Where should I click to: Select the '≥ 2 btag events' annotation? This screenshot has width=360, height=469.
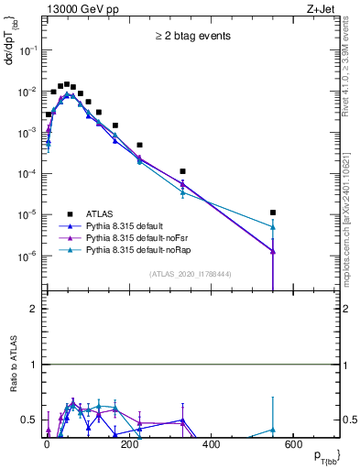pyautogui.click(x=192, y=37)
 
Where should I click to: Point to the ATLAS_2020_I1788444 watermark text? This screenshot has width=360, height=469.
pyautogui.click(x=190, y=274)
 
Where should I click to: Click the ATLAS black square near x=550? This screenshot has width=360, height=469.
pyautogui.click(x=273, y=213)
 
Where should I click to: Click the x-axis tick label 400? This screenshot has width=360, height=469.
pyautogui.click(x=212, y=445)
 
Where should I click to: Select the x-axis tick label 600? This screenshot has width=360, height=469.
pyautogui.click(x=294, y=445)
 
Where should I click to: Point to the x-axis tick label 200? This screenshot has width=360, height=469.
pyautogui.click(x=129, y=445)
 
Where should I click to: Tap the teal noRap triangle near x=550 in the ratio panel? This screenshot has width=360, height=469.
pyautogui.click(x=273, y=430)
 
